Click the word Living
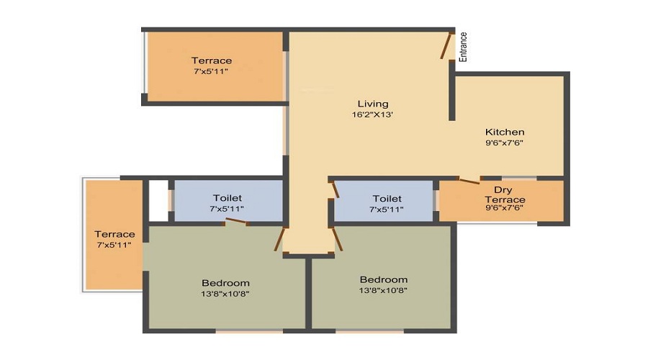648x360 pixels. pos(373,104)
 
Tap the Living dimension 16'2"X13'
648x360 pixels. pos(372,114)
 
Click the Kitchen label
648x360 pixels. pos(505,132)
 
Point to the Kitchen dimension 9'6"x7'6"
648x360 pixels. pos(504,143)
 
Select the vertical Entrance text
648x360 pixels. pos(463,47)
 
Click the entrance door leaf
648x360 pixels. pos(446,45)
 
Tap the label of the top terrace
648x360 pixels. pos(211,60)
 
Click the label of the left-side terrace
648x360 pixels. pos(114,234)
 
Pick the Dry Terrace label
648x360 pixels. pos(505,194)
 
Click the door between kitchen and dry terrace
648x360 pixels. pos(469,181)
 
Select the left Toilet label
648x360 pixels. pos(228,198)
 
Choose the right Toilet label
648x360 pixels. pos(387,199)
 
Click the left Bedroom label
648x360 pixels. pos(225,283)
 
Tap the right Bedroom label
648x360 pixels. pos(384,280)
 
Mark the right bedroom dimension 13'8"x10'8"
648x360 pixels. pos(383,290)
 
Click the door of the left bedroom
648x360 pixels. pos(280,239)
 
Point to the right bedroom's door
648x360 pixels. pos(338,239)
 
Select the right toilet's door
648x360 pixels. pos(335,189)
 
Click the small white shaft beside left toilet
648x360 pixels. pos(158,200)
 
